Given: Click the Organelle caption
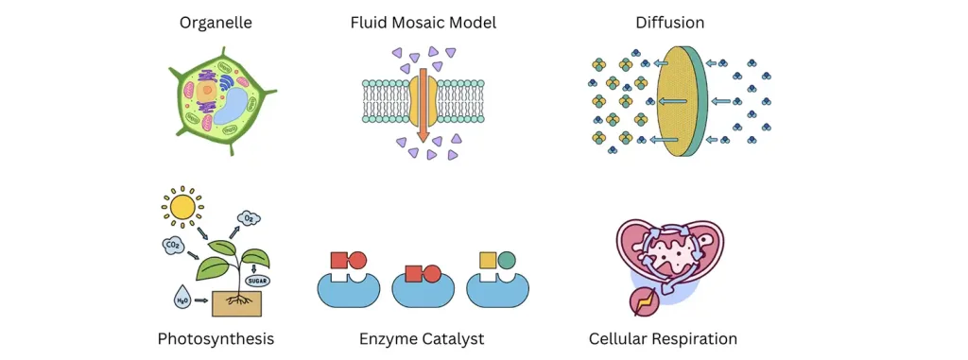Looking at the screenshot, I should point(216,22).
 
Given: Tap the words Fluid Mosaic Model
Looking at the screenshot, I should point(423,22).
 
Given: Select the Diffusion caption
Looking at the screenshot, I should point(670,22).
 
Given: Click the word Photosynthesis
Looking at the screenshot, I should point(216,338).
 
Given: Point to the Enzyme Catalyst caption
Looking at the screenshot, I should point(422,338).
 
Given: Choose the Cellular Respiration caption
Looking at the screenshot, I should point(663,338).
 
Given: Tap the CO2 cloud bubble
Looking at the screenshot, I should point(172,248).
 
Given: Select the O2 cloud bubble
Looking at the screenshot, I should point(249,219).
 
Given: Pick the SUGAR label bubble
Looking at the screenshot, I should point(257,281).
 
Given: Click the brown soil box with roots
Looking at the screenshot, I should point(236,302).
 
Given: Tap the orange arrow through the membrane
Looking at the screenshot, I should point(423,104).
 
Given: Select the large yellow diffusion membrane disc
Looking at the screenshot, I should point(676,102).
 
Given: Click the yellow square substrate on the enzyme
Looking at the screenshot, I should point(488,259).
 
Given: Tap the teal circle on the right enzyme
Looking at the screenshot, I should point(508,259).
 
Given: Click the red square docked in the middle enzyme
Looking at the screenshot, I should point(413,275).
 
